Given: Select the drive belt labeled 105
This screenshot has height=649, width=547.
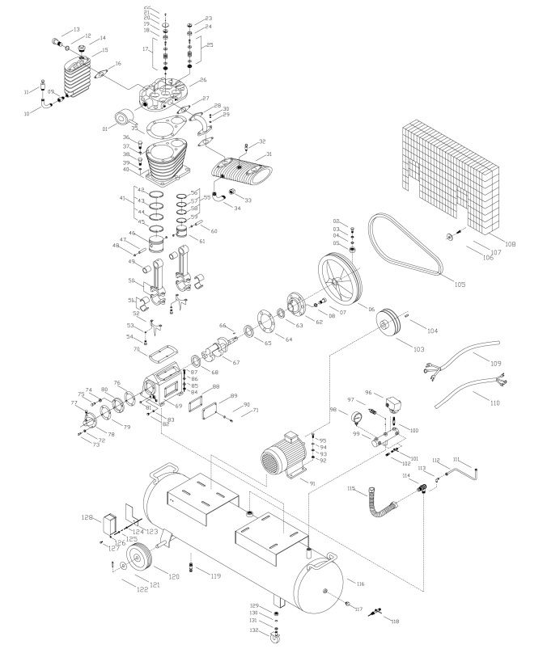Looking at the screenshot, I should tap(404, 242).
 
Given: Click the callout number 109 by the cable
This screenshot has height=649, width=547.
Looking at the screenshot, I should tap(496, 362).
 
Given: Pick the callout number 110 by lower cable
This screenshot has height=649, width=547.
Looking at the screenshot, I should tap(496, 402).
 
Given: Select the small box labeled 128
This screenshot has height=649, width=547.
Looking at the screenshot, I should tap(110, 523).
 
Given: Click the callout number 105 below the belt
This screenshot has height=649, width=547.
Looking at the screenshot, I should tap(460, 284).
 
